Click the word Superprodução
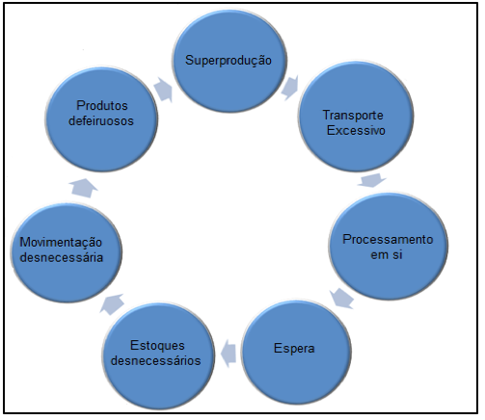click(229, 61)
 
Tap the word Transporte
click(353, 116)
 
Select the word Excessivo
click(356, 131)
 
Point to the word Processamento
click(388, 239)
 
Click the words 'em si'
click(387, 254)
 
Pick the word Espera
click(294, 349)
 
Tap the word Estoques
click(157, 346)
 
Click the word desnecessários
click(156, 360)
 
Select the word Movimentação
click(61, 243)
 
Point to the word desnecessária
click(62, 257)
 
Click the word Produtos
click(102, 105)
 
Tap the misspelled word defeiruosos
click(101, 120)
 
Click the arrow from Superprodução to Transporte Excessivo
click(290, 88)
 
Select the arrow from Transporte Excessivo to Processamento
click(372, 180)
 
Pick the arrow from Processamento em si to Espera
click(341, 299)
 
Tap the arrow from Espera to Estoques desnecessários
click(229, 353)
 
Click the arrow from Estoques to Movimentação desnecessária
click(112, 303)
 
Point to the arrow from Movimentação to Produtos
click(84, 188)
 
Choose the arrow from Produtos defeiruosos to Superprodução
click(163, 90)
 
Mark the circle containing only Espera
click(296, 352)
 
